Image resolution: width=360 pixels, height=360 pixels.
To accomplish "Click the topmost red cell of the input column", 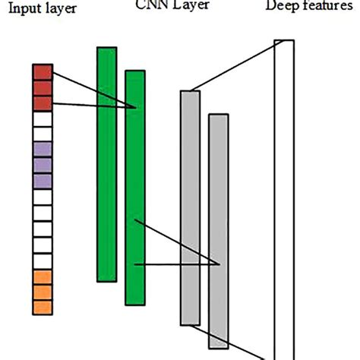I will click(42, 73).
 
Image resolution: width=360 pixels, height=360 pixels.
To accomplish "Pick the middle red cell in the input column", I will click(42, 88).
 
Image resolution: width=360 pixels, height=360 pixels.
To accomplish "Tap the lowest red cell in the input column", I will click(42, 103).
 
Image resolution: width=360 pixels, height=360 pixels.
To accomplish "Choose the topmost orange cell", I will click(42, 276).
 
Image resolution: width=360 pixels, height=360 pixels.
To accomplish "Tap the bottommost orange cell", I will click(42, 307).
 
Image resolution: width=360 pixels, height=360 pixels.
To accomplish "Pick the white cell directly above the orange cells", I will click(42, 261).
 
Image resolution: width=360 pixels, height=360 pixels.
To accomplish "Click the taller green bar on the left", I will click(106, 163).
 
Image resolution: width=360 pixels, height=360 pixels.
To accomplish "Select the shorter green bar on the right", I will click(134, 190).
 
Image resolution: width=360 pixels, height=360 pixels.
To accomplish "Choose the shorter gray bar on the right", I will click(218, 228).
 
